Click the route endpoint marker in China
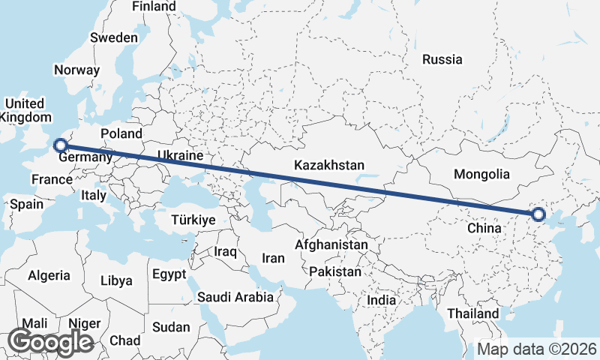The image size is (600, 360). (x=538, y=214)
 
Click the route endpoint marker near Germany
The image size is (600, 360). (x=61, y=145)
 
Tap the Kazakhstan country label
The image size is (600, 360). (x=329, y=165)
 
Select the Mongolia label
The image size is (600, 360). (x=482, y=174)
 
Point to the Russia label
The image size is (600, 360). (x=442, y=59)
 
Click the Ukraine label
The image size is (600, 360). (x=180, y=155)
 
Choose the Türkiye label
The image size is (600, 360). (x=193, y=220)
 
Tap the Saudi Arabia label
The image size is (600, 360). (x=235, y=296)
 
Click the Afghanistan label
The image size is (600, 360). (x=331, y=244)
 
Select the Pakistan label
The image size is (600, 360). (x=334, y=271)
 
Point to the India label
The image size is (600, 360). (x=381, y=300)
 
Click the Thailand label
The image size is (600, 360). (x=472, y=313)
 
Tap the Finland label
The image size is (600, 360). (x=154, y=7)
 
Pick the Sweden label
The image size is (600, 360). (x=114, y=37)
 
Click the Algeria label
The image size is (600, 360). (x=49, y=275)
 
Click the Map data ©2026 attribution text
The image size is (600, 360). (x=537, y=349)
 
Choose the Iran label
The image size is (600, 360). (x=273, y=258)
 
